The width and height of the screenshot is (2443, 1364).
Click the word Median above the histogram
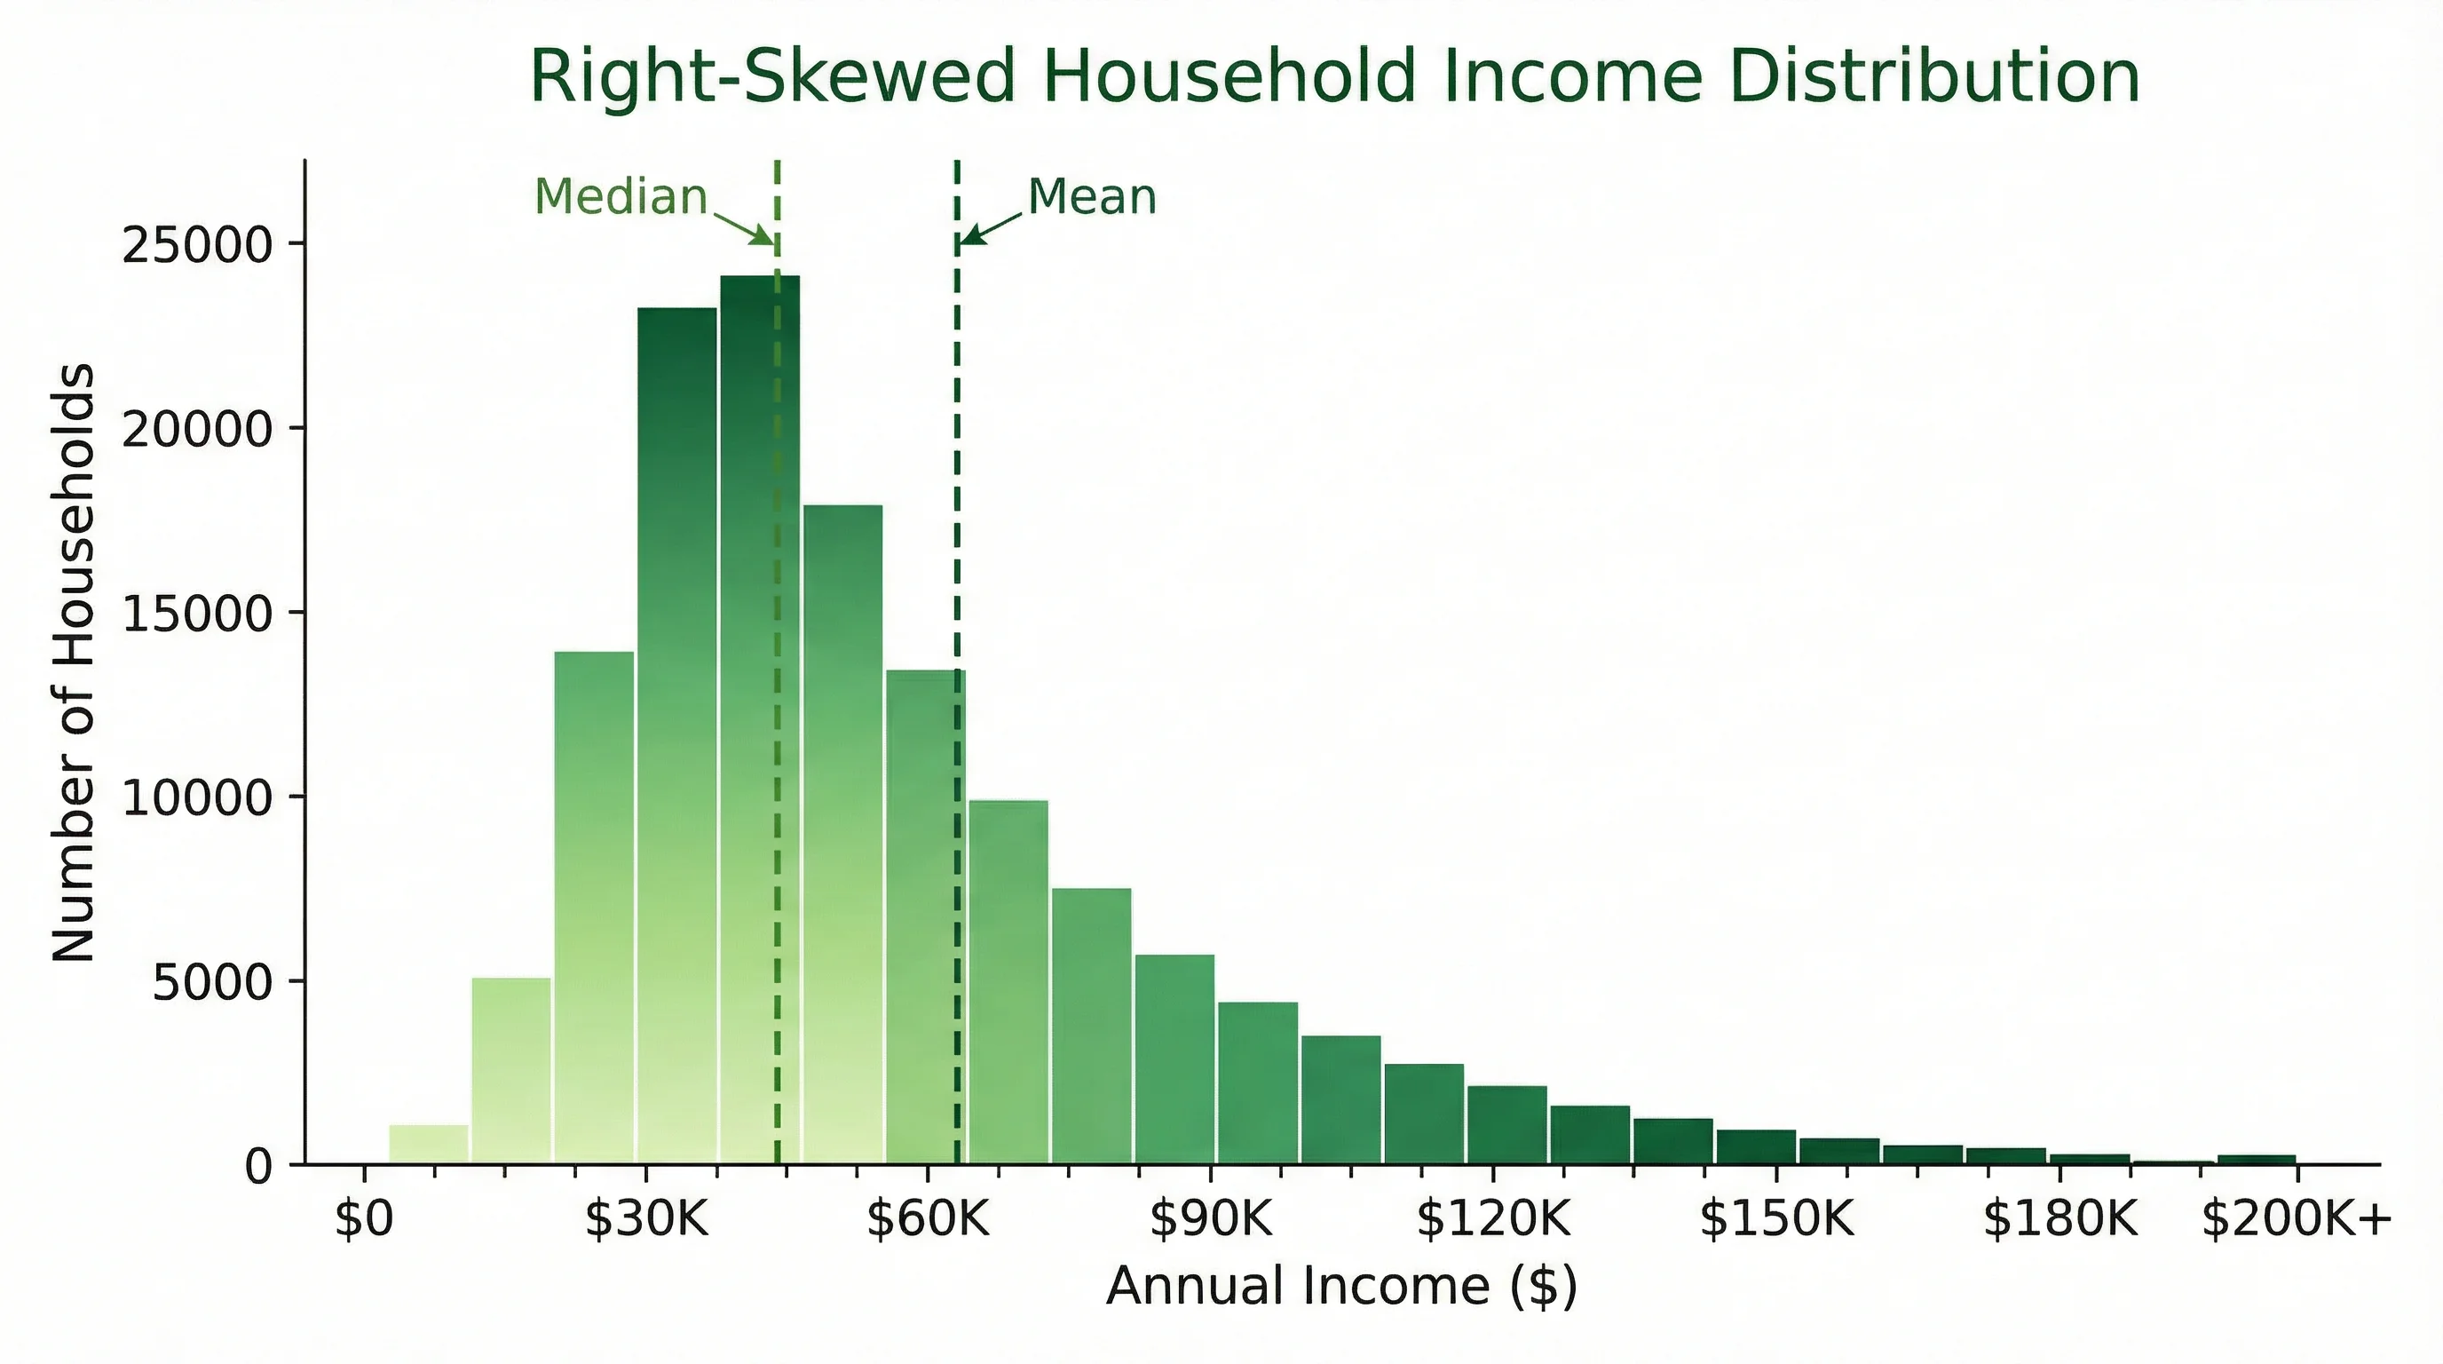621,197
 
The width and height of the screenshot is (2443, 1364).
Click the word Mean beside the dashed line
1092,197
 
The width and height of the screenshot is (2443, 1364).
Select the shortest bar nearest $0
429,1144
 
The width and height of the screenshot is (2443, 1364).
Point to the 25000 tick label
197,245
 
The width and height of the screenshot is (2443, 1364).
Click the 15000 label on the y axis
197,614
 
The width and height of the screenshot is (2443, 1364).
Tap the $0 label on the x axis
363,1218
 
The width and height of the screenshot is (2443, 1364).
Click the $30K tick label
646,1218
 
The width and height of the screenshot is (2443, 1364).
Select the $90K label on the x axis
1210,1218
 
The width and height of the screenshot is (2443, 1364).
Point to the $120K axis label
1493,1218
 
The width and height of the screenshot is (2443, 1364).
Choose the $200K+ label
2296,1218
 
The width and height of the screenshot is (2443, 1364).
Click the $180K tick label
2060,1218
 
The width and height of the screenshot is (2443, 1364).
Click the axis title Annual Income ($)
1341,1286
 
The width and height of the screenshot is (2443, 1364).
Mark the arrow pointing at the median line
745,227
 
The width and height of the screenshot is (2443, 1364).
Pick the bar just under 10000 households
1008,982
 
